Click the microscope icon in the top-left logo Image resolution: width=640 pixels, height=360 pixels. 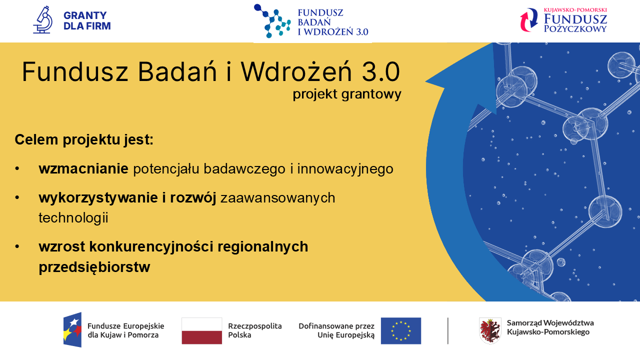coord(43,20)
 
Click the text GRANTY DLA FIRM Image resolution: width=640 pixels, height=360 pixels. coord(87,21)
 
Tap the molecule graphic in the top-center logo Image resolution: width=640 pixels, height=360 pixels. coord(272,21)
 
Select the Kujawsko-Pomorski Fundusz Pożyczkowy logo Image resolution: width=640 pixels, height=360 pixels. coord(563,20)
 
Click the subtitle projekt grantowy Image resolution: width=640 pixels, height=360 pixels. coord(347,94)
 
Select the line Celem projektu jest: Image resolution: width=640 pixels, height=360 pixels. coord(84,139)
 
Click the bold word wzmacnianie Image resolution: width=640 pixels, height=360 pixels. coord(83,169)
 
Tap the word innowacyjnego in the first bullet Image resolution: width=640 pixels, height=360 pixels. coord(345,169)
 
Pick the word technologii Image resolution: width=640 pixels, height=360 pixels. coord(73,217)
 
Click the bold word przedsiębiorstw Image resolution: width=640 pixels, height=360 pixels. coord(94,267)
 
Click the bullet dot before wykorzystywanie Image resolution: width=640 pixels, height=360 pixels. coord(17,198)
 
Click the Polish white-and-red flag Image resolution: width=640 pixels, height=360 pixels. coord(201,330)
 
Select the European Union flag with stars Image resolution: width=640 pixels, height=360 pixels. coord(400,330)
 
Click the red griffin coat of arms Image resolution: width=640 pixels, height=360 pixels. coord(490,330)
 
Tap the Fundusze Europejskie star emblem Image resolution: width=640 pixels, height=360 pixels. coord(72,329)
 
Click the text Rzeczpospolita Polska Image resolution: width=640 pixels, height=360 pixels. coord(254,330)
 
